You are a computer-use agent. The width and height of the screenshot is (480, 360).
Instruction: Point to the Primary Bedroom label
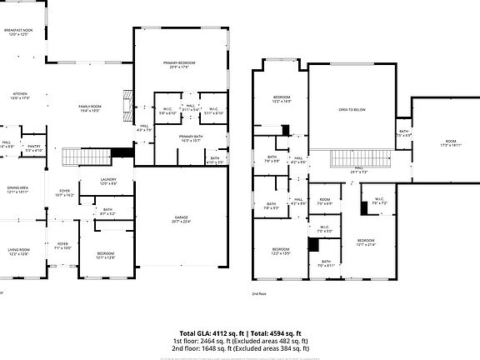[x=179, y=65]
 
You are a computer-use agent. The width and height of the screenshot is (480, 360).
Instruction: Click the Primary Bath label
[x=191, y=139]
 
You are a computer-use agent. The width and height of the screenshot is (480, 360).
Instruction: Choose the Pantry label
[x=33, y=148]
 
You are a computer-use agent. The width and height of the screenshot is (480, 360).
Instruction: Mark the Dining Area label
[x=18, y=190]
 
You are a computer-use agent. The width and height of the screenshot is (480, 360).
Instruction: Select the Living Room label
[x=18, y=251]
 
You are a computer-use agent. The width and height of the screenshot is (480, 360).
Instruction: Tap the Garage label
[x=181, y=219]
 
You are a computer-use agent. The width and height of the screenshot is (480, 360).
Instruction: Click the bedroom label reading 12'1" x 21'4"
[x=367, y=242]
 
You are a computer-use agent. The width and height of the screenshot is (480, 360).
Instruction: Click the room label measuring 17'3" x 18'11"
[x=451, y=143]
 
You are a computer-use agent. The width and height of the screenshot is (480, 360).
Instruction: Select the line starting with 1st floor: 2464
[x=240, y=341]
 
